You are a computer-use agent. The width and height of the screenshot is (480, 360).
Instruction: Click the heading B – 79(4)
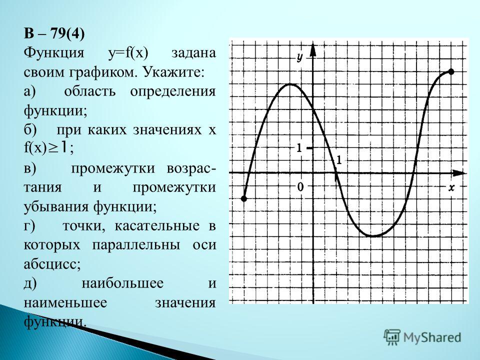(x=54, y=33)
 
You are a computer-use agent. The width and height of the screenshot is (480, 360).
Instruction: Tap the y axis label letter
(x=299, y=57)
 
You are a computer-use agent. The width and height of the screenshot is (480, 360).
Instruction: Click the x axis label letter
(x=451, y=187)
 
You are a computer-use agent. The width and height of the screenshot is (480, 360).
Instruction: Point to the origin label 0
(x=300, y=186)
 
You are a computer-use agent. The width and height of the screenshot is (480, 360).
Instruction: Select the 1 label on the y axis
(x=299, y=148)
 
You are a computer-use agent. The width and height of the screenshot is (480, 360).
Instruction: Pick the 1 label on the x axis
(x=338, y=160)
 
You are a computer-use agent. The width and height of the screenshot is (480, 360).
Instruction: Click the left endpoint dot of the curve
(x=243, y=198)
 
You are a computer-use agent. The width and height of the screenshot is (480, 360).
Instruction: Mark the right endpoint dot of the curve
(x=451, y=72)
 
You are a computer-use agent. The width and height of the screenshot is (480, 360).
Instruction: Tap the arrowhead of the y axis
(x=312, y=50)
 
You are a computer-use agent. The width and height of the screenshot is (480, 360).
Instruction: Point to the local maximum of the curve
(x=289, y=84)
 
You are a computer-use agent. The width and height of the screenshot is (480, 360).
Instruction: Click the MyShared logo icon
(x=392, y=337)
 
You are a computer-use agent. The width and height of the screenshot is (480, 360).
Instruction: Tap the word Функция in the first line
(x=53, y=52)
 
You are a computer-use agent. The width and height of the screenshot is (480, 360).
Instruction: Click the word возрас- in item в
(x=191, y=168)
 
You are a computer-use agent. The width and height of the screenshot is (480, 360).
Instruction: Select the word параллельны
(x=136, y=245)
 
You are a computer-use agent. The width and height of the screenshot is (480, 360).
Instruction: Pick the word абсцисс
(x=52, y=264)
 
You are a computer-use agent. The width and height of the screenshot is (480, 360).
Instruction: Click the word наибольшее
(x=122, y=283)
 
